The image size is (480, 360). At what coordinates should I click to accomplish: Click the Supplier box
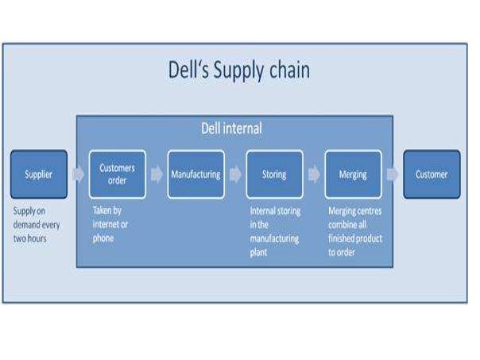click(39, 175)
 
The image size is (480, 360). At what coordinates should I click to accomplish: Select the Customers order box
click(117, 175)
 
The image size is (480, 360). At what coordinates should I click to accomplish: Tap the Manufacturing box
click(196, 175)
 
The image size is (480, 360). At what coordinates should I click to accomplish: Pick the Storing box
click(274, 175)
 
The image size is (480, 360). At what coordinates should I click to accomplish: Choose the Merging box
click(353, 175)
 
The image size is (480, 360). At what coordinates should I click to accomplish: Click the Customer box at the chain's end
click(431, 175)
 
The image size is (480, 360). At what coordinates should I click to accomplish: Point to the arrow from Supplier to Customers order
click(78, 175)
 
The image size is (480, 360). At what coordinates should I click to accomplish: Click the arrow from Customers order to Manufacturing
click(156, 175)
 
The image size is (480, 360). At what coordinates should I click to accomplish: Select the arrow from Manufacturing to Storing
click(235, 175)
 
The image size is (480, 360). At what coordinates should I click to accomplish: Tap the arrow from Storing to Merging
click(314, 175)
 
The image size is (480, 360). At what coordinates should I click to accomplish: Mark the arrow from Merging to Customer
click(392, 175)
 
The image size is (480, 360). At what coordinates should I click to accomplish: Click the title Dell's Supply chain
click(239, 71)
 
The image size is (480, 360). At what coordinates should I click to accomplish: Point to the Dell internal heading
click(231, 128)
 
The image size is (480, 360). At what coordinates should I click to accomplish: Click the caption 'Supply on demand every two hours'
click(36, 225)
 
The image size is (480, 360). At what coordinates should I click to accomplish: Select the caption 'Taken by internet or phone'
click(110, 225)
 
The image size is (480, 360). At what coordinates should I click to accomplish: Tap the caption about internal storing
click(275, 231)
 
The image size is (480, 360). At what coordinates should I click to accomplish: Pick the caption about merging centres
click(355, 231)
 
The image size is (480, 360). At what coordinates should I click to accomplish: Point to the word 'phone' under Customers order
click(103, 238)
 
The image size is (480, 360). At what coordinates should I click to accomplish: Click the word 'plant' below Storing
click(258, 253)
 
